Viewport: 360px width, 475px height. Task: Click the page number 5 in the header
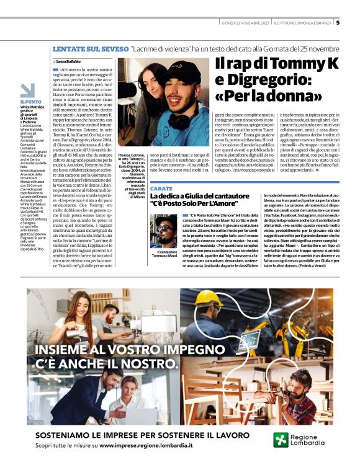coord(338,23)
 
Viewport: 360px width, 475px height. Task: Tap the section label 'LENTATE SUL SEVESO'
coord(89,48)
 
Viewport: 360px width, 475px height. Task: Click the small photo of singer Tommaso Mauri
coord(164,231)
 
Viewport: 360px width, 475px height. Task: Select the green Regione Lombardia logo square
coord(281,440)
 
